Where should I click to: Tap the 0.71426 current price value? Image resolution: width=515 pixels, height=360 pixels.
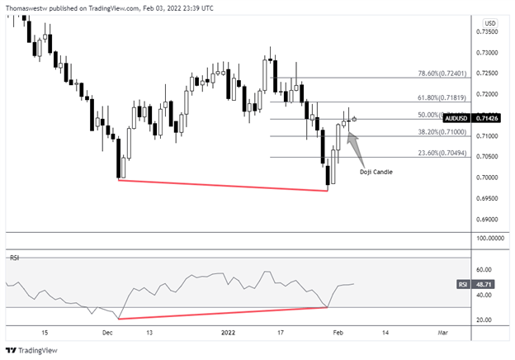point(488,118)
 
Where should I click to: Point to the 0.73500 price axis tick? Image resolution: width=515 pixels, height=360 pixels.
point(486,31)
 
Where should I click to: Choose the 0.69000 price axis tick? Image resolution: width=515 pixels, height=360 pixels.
point(486,220)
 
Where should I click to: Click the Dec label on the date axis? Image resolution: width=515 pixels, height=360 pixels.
point(107,333)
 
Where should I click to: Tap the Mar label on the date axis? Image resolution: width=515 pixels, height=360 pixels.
point(442,333)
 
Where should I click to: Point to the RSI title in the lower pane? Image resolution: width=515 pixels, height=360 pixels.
point(14,258)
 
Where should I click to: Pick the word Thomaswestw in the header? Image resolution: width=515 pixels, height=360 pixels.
point(28,7)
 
